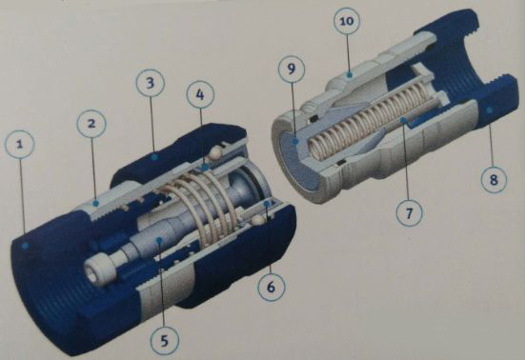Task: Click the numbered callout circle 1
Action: (20, 145)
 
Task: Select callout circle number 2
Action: (91, 124)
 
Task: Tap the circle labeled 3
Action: (151, 83)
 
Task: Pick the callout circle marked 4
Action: (199, 95)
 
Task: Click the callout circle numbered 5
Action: (164, 341)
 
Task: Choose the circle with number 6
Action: (271, 287)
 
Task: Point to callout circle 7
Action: (409, 212)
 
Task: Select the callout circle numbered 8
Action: (494, 180)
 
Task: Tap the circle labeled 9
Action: (292, 70)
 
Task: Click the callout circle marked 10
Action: (347, 21)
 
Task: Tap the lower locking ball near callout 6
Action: (257, 221)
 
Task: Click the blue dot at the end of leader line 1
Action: (25, 246)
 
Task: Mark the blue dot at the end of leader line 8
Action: (489, 110)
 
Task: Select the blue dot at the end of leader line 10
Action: (349, 75)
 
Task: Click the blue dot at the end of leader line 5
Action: (160, 239)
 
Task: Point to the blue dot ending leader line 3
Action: (153, 156)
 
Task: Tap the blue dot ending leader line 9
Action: (295, 142)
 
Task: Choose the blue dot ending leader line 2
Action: (96, 203)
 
